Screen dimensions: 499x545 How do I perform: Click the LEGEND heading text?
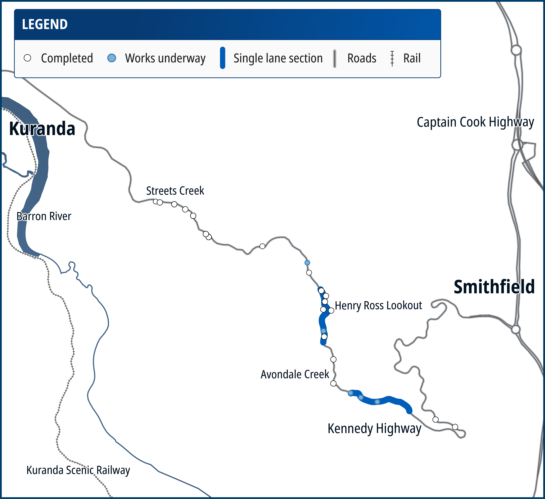click(x=45, y=24)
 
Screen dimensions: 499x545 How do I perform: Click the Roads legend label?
click(x=362, y=58)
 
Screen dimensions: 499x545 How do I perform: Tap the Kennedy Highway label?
click(x=374, y=429)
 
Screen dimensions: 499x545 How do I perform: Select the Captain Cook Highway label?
click(x=475, y=122)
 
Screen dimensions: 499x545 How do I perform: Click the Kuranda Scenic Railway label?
click(x=78, y=470)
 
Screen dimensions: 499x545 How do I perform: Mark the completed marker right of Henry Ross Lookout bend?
click(x=331, y=311)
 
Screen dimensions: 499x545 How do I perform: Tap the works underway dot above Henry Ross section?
click(x=307, y=262)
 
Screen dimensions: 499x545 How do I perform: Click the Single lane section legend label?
click(x=278, y=58)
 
